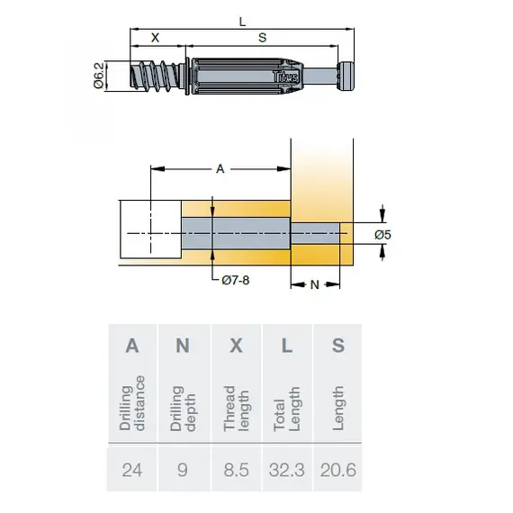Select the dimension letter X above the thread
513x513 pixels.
156,38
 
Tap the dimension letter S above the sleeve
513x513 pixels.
262,38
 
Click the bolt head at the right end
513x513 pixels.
346,75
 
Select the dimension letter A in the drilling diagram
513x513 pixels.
220,168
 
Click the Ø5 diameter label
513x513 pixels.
383,235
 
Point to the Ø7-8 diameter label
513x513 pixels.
234,281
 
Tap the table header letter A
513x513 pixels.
132,346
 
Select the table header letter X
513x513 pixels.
236,346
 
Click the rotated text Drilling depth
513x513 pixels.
183,408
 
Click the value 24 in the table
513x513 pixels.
132,469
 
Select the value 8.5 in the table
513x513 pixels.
236,469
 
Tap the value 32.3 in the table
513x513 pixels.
287,469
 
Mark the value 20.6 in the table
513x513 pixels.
337,469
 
